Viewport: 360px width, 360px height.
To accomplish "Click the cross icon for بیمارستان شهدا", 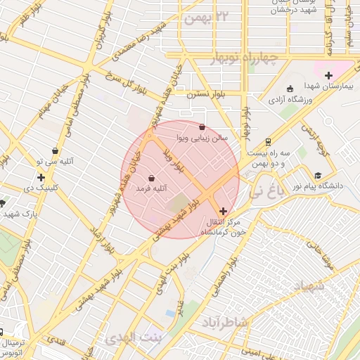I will click(328, 75).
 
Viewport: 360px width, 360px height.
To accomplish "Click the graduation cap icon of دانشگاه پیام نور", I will click(318, 176).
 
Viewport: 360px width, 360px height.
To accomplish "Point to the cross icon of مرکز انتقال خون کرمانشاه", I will click(224, 210).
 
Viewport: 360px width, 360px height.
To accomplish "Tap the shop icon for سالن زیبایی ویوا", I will click(203, 127).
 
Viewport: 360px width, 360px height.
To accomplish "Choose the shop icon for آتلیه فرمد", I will click(152, 177).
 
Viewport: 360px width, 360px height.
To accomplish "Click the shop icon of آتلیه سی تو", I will click(56, 150).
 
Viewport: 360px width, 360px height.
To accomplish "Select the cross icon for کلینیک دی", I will click(41, 177).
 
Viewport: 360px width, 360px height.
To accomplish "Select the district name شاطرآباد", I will click(224, 322).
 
